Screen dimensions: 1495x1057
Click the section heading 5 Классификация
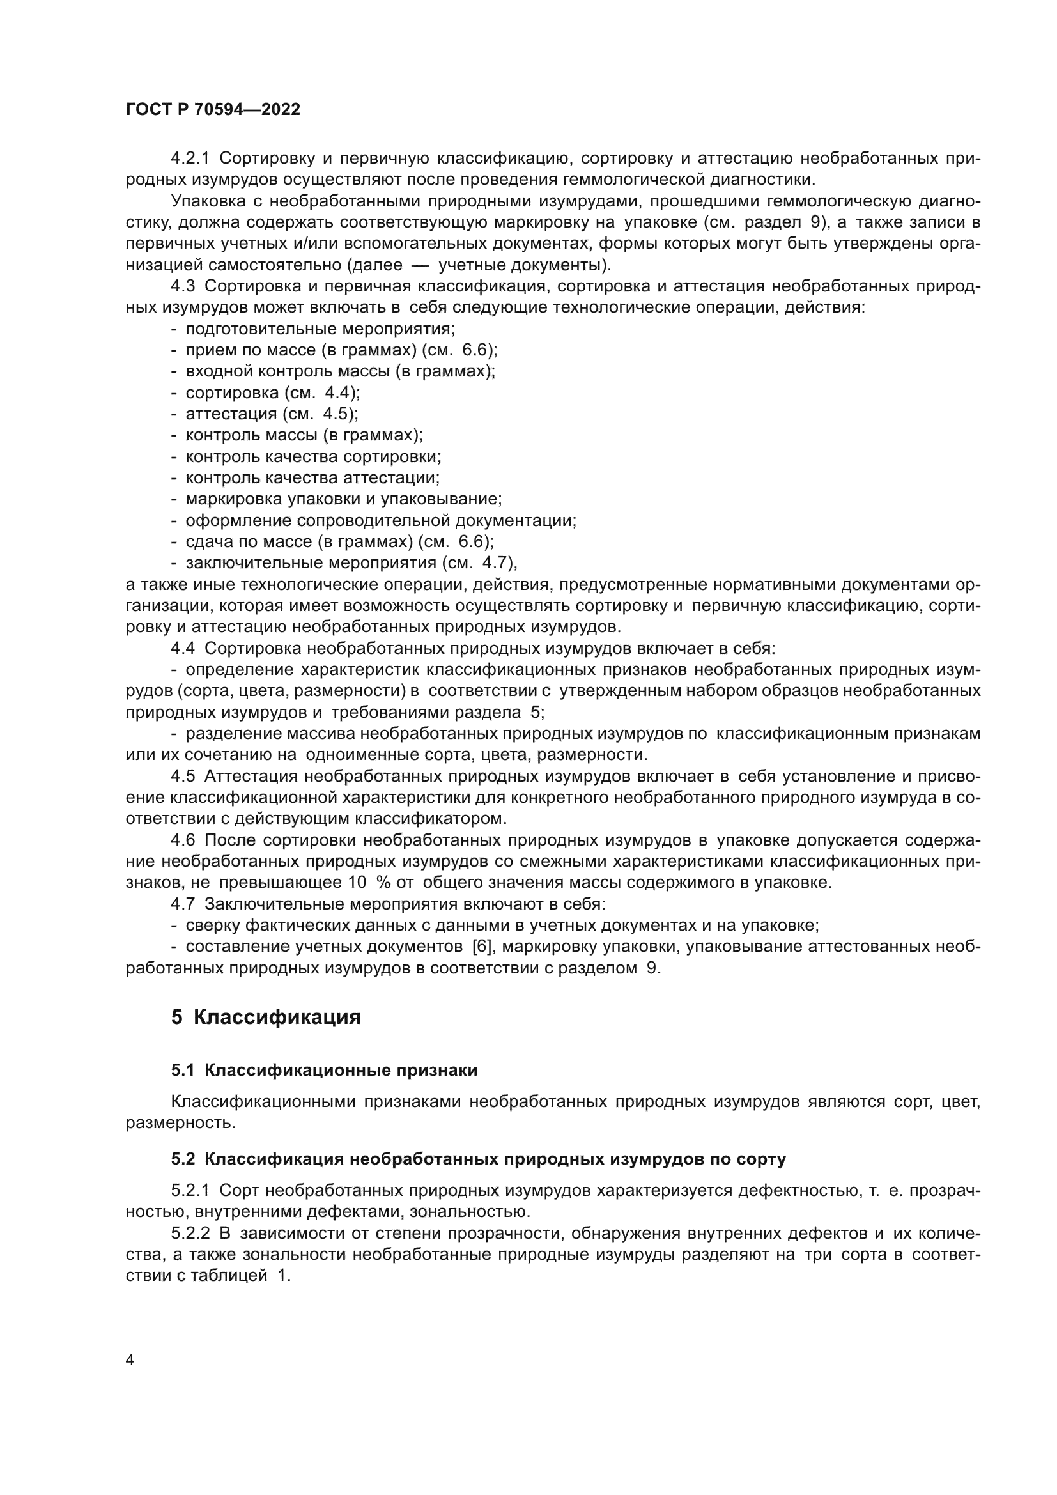coord(266,1036)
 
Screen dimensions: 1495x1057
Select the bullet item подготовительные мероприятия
coord(320,329)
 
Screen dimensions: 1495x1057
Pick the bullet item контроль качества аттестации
coord(312,478)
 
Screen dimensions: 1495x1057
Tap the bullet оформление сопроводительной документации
coord(381,520)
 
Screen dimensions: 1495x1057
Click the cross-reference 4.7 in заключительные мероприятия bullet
coord(496,562)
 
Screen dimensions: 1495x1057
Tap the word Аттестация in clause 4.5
coord(251,776)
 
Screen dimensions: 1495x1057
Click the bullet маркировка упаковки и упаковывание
coord(343,499)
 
